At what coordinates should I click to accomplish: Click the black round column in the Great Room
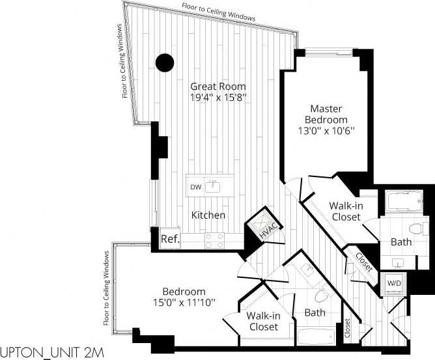(x=165, y=62)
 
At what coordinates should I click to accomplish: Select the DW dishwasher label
(x=195, y=187)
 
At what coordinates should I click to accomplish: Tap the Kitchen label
(x=208, y=215)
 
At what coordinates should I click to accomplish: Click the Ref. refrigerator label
(x=170, y=239)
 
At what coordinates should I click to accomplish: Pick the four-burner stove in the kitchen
(x=215, y=241)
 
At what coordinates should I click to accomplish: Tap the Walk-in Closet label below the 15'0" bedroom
(x=263, y=321)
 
